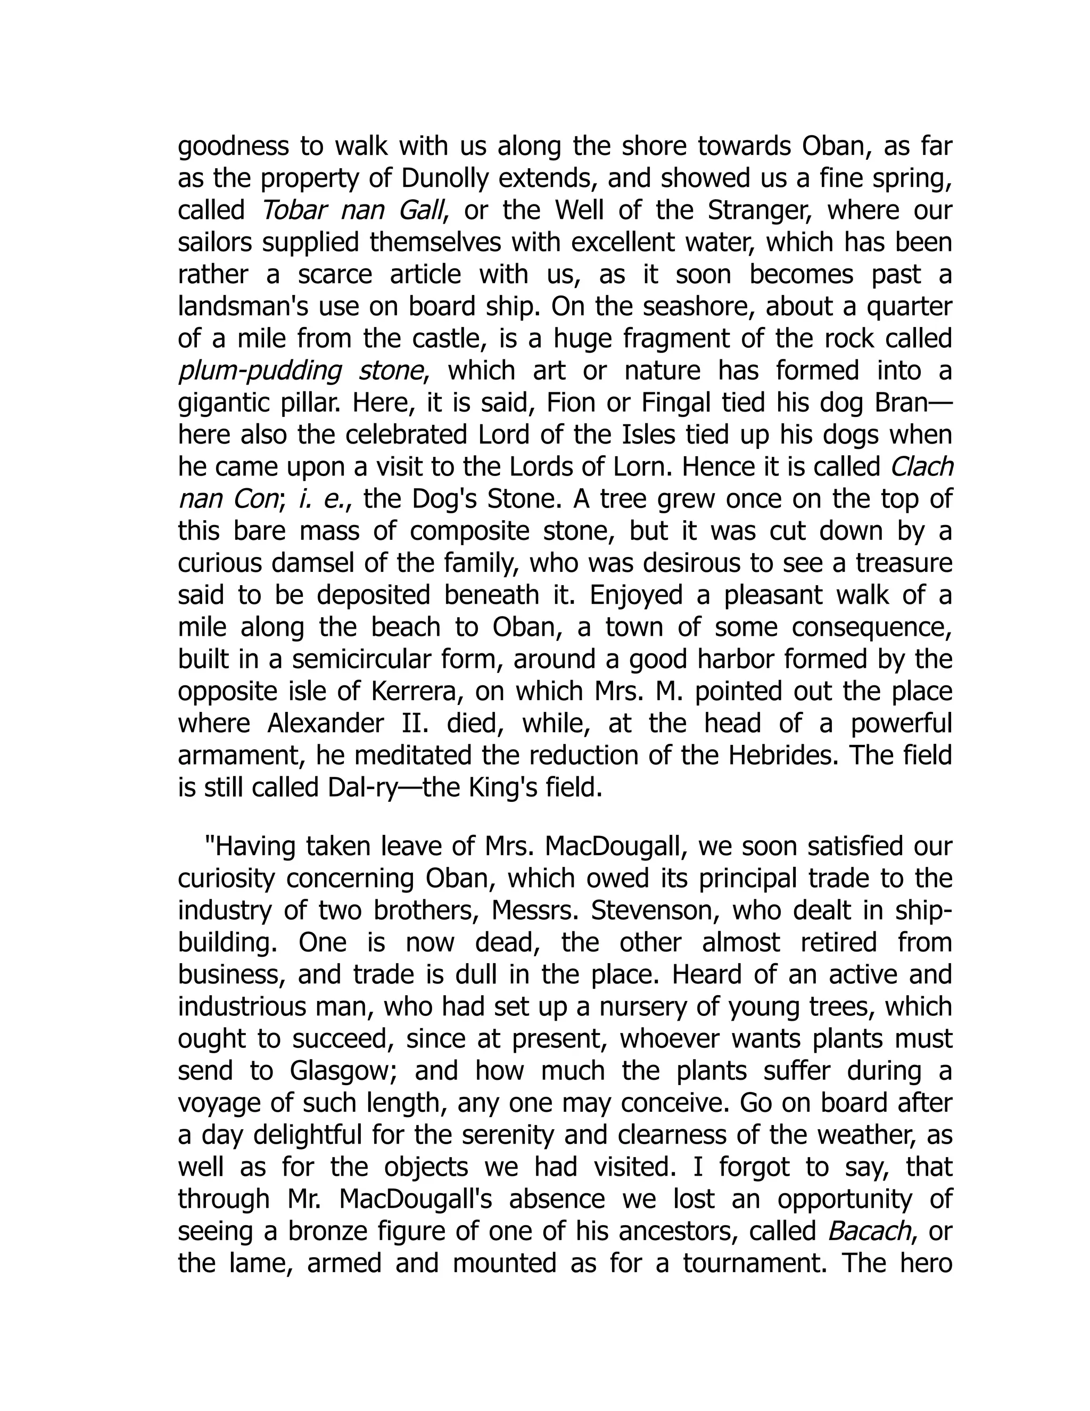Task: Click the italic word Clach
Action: click(921, 467)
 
